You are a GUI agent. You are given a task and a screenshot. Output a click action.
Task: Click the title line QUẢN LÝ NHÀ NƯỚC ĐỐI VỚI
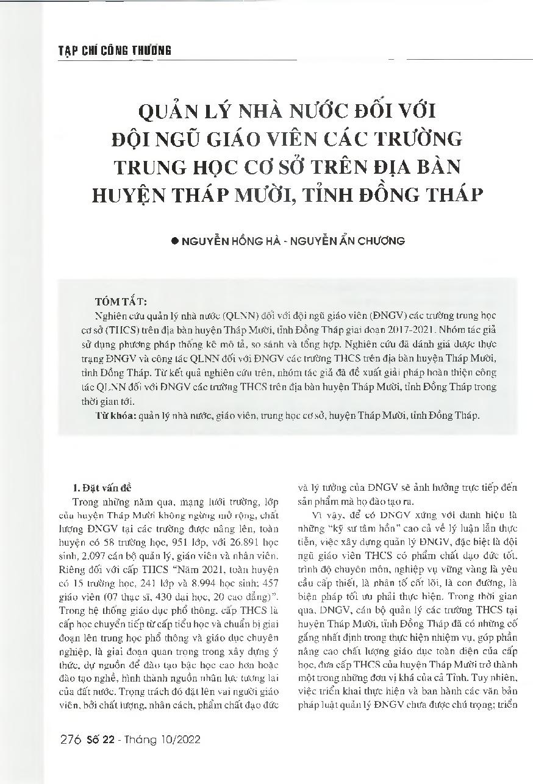pyautogui.click(x=266, y=113)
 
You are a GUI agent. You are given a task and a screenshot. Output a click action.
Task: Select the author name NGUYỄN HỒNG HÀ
pyautogui.click(x=226, y=241)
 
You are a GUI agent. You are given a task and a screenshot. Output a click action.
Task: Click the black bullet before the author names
pyautogui.click(x=175, y=241)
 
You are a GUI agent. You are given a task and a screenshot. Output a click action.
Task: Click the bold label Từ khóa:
pyautogui.click(x=116, y=417)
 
